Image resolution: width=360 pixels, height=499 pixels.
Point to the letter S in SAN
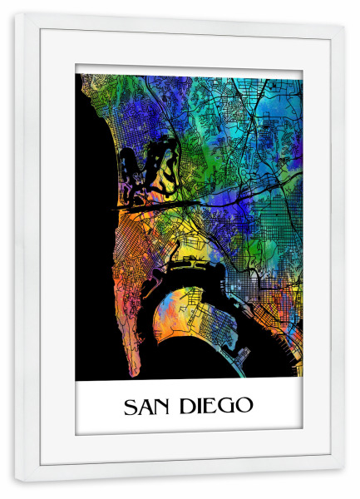(x=130, y=407)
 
